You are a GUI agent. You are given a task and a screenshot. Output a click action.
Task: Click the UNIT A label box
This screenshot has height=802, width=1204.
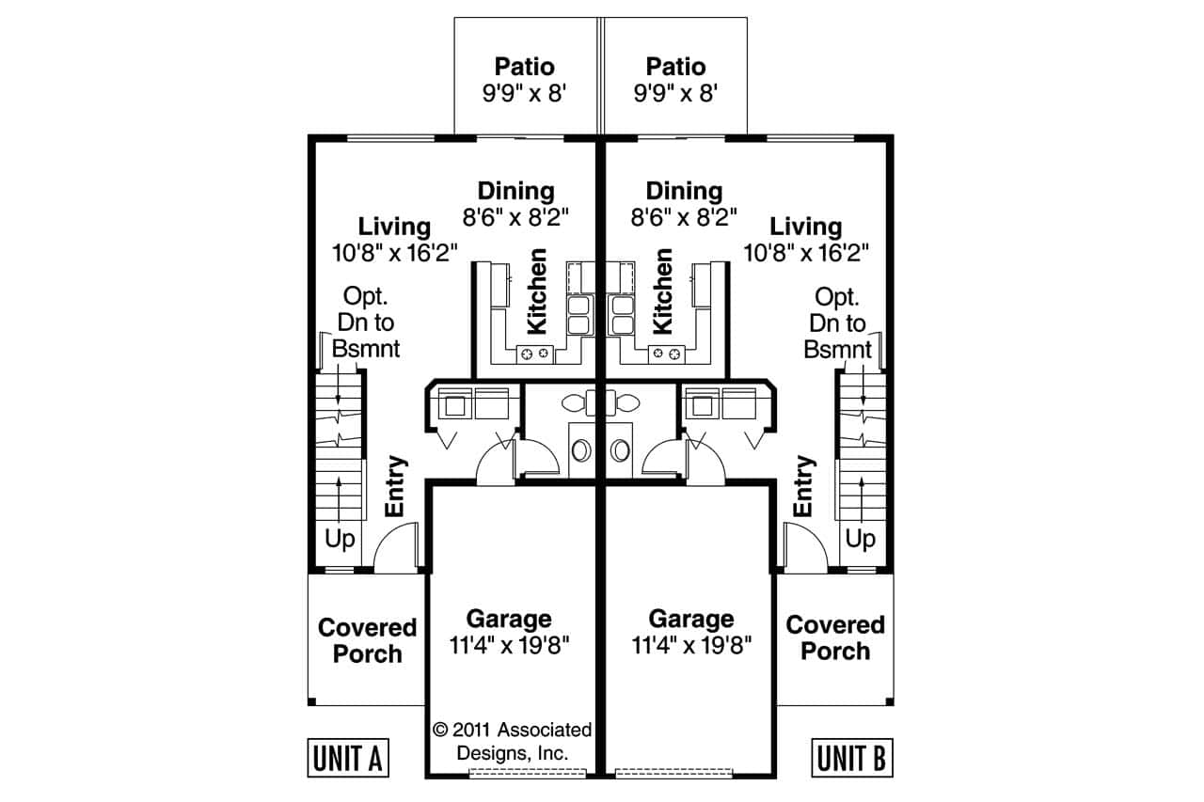pyautogui.click(x=348, y=758)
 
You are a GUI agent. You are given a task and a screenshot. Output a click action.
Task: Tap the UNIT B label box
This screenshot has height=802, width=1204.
pyautogui.click(x=852, y=758)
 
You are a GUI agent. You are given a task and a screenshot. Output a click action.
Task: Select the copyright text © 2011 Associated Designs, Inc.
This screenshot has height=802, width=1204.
pyautogui.click(x=513, y=741)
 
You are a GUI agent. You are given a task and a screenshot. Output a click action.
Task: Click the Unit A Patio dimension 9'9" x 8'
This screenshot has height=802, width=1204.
pyautogui.click(x=525, y=94)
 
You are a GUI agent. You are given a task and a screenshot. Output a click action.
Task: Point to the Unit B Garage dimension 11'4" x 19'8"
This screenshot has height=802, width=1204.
pyautogui.click(x=691, y=647)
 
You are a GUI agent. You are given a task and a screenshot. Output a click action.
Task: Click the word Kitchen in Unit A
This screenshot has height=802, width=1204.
pyautogui.click(x=537, y=291)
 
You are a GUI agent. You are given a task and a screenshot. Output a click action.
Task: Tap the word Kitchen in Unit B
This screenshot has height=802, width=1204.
pyautogui.click(x=663, y=291)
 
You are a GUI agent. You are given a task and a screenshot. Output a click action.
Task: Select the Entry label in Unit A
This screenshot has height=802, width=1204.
pyautogui.click(x=396, y=487)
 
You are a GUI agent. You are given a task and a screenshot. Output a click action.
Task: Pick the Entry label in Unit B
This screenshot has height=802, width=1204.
pyautogui.click(x=803, y=487)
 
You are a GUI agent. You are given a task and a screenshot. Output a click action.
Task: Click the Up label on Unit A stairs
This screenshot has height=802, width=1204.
pyautogui.click(x=341, y=540)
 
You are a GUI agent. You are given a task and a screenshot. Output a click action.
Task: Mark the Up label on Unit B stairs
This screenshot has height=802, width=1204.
pyautogui.click(x=860, y=540)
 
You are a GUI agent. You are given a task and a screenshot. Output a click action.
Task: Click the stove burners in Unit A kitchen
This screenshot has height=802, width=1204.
pyautogui.click(x=535, y=354)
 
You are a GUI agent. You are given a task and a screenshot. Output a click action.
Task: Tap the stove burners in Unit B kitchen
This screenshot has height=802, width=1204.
pyautogui.click(x=666, y=354)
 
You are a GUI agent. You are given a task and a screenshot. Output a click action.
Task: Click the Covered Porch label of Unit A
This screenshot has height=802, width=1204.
pyautogui.click(x=367, y=640)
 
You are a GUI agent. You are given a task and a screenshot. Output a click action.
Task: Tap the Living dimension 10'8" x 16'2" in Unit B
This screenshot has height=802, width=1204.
pyautogui.click(x=805, y=253)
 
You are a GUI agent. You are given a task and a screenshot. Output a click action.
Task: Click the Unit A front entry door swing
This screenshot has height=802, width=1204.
pyautogui.click(x=397, y=550)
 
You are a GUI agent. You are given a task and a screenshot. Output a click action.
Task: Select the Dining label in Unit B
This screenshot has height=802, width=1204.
pyautogui.click(x=684, y=192)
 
